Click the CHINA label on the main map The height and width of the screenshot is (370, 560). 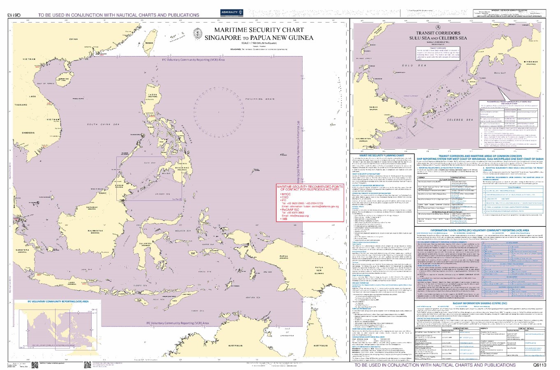point(74,39)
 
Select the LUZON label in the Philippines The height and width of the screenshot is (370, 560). point(153,95)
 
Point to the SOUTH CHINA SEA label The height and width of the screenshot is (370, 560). point(103,124)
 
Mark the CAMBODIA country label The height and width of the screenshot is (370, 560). point(28,133)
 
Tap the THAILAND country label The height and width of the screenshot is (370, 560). point(21,105)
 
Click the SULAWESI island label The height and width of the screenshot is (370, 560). point(147,243)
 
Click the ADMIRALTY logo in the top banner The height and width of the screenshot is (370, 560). point(232,13)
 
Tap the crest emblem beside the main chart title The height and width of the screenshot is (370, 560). point(197,33)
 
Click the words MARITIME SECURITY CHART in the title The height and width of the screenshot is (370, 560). point(259,30)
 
